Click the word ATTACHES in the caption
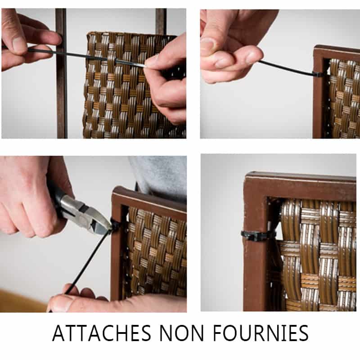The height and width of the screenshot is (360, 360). (102, 333)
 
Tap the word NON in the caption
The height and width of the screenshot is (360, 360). (182, 333)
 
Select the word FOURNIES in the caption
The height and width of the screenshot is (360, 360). (261, 333)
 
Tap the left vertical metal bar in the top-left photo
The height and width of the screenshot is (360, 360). (61, 73)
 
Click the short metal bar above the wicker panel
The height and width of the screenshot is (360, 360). (161, 21)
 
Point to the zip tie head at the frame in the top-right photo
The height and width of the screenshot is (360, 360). (317, 74)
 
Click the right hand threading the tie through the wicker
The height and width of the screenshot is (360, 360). (166, 81)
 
